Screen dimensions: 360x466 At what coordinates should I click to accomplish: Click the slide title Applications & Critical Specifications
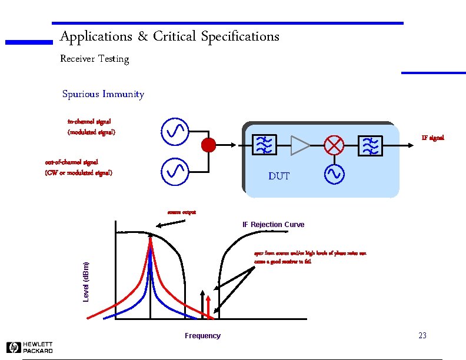[x=169, y=36]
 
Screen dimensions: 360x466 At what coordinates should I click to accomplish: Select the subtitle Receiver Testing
[x=94, y=59]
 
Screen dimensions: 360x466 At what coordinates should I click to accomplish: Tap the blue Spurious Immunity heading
[x=103, y=94]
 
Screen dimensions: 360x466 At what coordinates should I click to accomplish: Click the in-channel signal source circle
[x=174, y=132]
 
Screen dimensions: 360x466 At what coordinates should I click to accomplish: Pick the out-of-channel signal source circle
[x=174, y=171]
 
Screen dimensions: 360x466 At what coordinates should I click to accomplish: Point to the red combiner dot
[x=208, y=145]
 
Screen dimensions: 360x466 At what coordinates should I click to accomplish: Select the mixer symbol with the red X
[x=334, y=145]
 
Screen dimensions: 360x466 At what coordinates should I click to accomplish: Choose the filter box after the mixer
[x=370, y=145]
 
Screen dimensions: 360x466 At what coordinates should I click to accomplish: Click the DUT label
[x=278, y=176]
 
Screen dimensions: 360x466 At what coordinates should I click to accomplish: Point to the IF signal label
[x=432, y=138]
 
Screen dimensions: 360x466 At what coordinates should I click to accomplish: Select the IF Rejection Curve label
[x=273, y=225]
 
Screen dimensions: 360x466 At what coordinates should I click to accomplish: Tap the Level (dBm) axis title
[x=86, y=282]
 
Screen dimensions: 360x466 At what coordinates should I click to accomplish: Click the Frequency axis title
[x=202, y=336]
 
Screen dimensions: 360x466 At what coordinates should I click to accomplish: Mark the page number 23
[x=422, y=336]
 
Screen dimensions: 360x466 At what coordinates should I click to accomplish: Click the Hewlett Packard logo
[x=30, y=347]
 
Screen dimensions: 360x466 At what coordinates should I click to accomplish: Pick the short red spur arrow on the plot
[x=208, y=306]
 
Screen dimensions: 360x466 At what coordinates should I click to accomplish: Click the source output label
[x=182, y=212]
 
